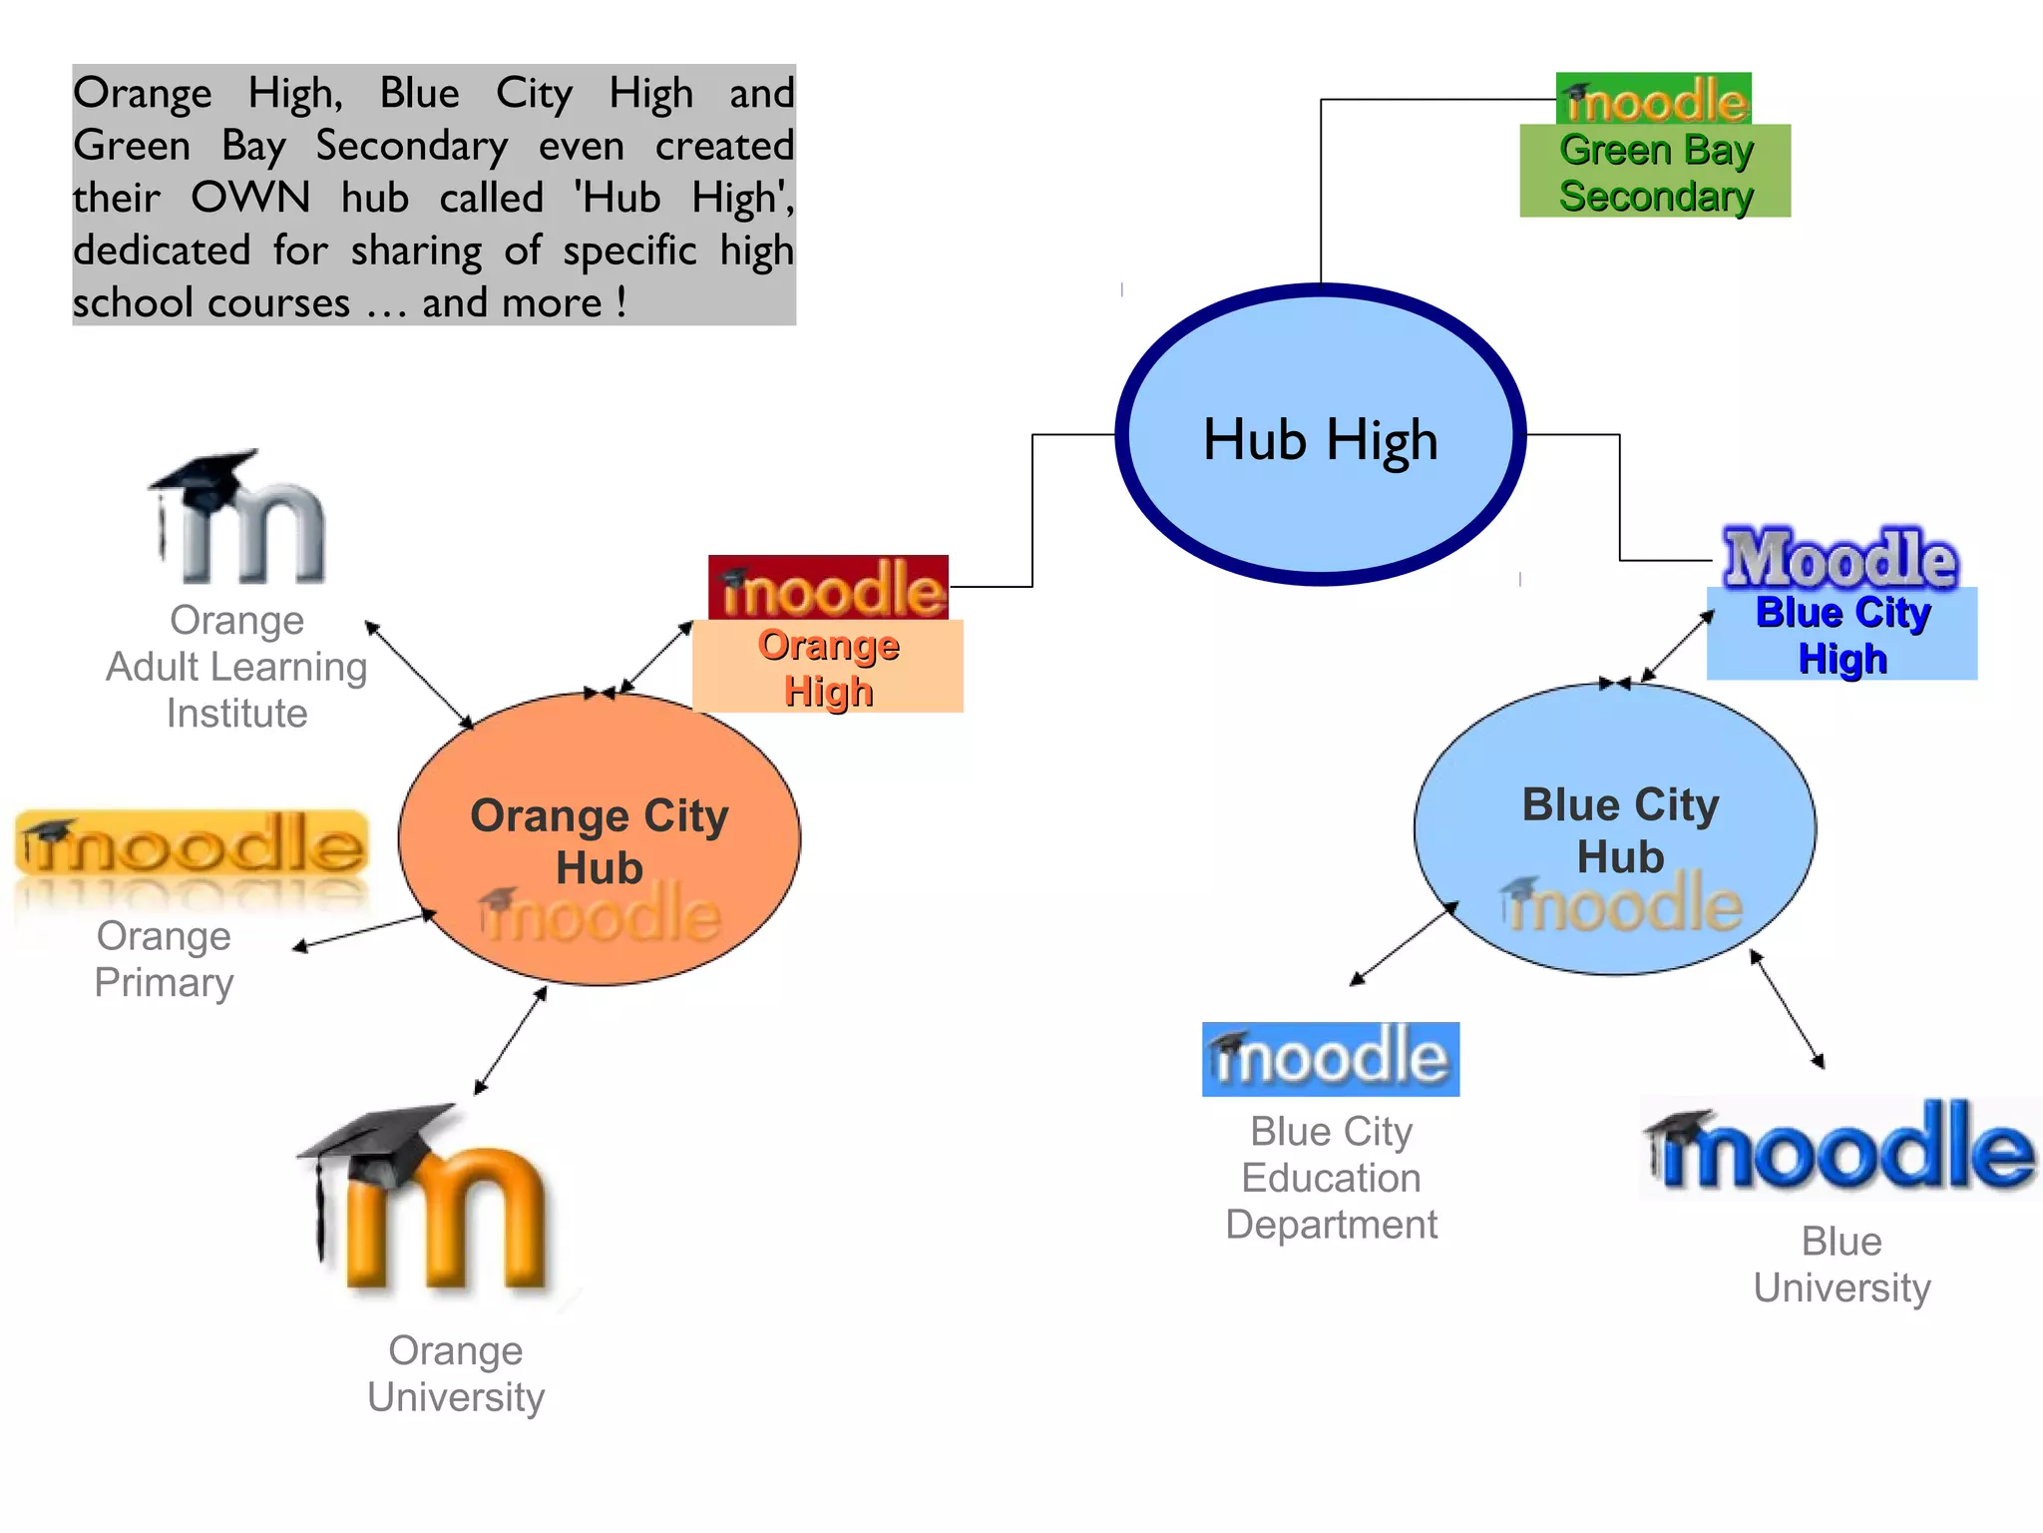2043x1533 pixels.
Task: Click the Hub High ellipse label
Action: [1320, 439]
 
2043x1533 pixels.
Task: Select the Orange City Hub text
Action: [599, 841]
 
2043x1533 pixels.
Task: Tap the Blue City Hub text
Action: [1620, 830]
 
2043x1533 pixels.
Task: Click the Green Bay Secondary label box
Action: [1655, 172]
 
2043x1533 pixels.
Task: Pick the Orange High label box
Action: [828, 667]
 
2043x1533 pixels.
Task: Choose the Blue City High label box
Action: [1841, 635]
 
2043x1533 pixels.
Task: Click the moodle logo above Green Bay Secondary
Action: [1654, 99]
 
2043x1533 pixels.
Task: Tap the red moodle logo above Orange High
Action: [828, 588]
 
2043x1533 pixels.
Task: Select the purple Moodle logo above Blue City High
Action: [1840, 557]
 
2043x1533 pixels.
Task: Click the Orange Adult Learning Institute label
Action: [236, 667]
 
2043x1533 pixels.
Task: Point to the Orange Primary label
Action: [164, 959]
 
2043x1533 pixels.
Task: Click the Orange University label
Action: [456, 1373]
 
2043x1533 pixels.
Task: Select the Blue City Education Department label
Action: [1331, 1178]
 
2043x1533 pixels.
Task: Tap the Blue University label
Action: [1841, 1265]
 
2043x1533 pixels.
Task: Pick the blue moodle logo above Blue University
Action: [1840, 1148]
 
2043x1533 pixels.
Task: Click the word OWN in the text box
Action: [250, 198]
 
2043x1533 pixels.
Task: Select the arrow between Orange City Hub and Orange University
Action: [511, 1040]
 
